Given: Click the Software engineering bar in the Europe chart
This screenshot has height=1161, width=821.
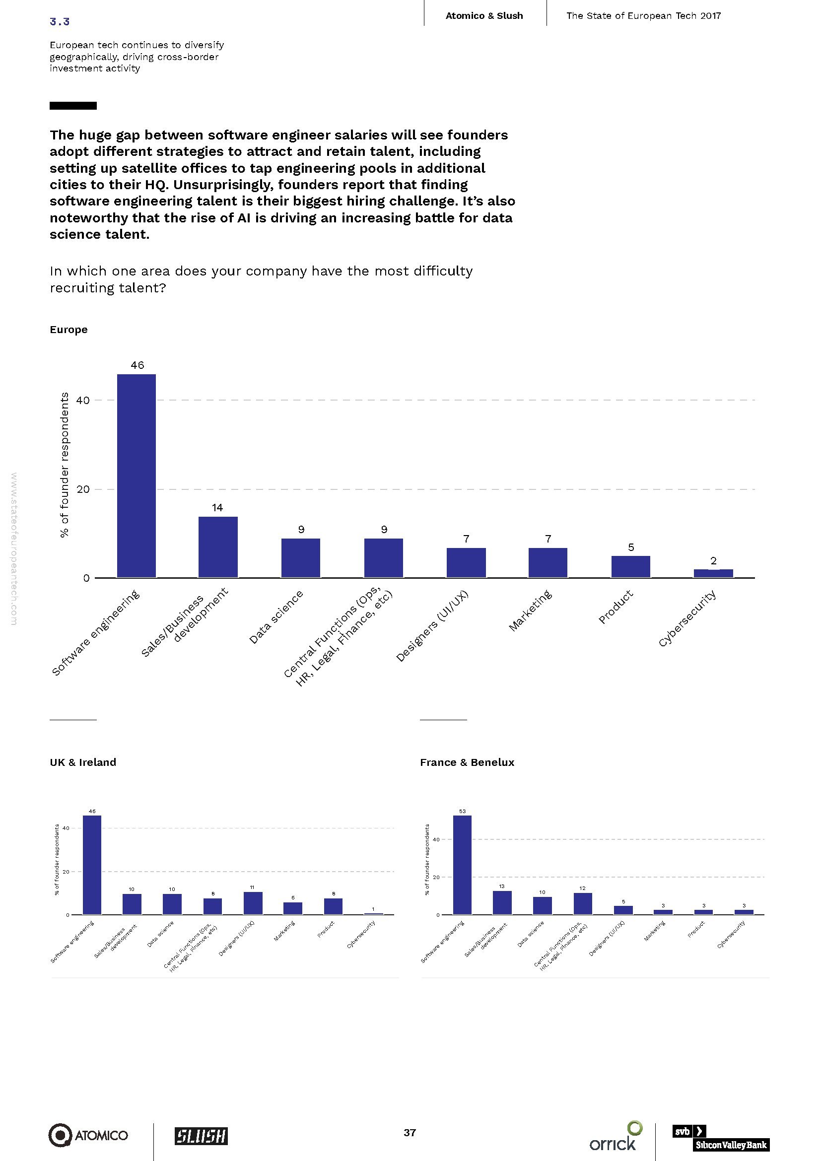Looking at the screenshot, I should coord(137,476).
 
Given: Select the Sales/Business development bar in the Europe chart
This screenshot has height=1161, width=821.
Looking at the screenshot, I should coord(218,546).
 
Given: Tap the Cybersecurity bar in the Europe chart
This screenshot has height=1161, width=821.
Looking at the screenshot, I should coord(713,573).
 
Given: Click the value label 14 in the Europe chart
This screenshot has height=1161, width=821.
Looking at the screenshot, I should coord(217,508).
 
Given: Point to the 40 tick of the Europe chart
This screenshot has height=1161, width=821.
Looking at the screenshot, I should coord(83,400).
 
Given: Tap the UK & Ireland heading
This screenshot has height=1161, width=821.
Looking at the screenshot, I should coord(83,762).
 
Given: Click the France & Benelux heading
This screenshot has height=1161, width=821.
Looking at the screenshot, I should coord(467,762).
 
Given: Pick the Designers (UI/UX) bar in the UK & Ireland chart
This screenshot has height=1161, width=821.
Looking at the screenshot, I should coord(253,902).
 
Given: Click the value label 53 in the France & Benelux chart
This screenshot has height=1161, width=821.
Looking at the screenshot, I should coord(462,811).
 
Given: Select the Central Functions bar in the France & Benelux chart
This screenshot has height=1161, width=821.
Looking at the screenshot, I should coord(582,903).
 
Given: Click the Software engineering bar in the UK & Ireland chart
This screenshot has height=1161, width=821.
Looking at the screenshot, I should coord(92,865).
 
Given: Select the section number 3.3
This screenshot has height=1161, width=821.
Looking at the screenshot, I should coord(60,21).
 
